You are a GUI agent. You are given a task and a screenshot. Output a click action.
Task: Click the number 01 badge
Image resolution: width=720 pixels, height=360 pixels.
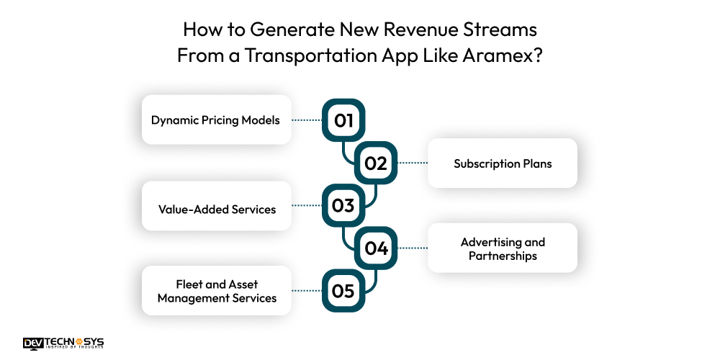coord(343,120)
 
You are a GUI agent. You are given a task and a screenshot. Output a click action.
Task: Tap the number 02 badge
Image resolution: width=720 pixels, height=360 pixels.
coord(375,163)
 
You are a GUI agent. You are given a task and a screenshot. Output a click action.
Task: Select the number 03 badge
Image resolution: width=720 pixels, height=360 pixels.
coord(343,206)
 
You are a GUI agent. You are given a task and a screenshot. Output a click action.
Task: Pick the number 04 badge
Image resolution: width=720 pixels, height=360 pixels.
coord(375,248)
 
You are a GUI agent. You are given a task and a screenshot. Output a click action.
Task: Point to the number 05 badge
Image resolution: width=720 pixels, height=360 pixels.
coord(343,291)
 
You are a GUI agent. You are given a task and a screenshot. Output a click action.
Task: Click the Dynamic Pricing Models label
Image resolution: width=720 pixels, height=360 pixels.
coord(215,120)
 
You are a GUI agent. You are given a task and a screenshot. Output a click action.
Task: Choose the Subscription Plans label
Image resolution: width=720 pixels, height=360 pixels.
coord(503,163)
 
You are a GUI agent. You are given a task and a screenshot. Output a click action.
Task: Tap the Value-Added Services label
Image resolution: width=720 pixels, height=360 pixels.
coord(217,210)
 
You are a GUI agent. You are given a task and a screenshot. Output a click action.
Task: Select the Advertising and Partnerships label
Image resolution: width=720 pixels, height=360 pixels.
coord(503,248)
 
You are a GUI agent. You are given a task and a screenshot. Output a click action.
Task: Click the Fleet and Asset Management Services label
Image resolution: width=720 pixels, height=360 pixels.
coord(217,291)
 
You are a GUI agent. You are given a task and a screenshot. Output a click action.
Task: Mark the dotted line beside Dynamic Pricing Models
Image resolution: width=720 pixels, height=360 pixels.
coord(306,120)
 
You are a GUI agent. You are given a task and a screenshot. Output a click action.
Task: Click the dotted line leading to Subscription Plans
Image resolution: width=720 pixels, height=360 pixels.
coord(413,163)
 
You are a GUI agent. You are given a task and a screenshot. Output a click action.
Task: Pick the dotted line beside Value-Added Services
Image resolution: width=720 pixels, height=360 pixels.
coord(306,206)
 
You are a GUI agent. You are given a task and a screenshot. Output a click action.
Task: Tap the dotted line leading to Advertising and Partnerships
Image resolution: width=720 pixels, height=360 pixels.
coord(413,248)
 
